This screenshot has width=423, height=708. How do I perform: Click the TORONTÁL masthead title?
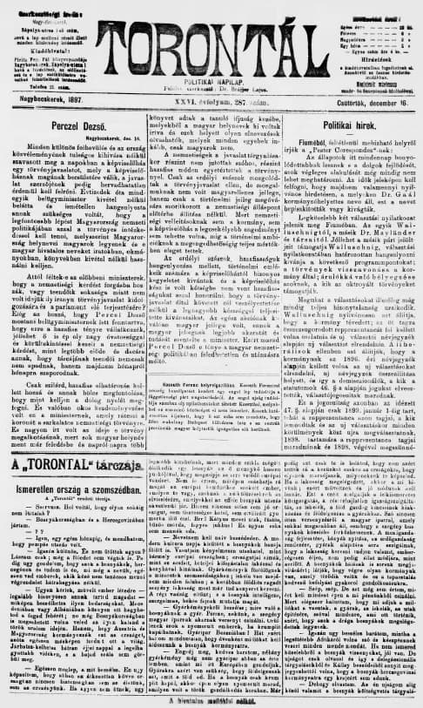(x=211, y=36)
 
